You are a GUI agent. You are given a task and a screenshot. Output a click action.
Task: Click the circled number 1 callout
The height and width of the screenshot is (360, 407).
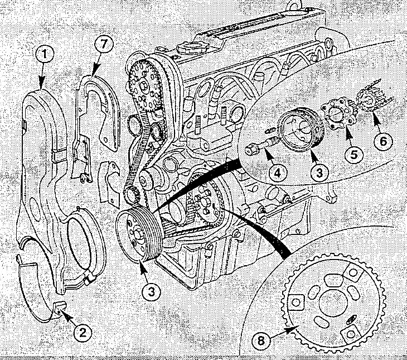coord(45,54)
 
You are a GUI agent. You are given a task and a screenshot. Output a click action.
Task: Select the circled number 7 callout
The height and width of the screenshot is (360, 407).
coord(104,44)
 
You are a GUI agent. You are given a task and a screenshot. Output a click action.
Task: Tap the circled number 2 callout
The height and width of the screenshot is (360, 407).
coord(83,333)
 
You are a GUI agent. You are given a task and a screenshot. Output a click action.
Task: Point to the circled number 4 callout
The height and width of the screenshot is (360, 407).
coord(278,173)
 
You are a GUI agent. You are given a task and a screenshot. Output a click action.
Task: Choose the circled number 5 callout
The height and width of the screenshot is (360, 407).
coord(354,155)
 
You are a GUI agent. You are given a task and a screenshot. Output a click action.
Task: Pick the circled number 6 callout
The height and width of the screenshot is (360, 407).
coord(383,142)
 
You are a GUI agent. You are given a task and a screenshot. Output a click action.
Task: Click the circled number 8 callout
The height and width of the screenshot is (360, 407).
coord(261,340)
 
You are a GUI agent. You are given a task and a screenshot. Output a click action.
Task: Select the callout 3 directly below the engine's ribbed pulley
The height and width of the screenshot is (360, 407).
coord(151,291)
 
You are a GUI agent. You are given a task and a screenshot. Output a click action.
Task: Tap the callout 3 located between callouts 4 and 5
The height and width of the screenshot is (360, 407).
coord(319,172)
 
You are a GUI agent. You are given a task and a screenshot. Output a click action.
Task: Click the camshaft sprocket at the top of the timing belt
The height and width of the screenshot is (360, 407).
coord(143,85)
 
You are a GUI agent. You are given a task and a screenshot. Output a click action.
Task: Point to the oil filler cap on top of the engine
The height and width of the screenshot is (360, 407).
coord(192,47)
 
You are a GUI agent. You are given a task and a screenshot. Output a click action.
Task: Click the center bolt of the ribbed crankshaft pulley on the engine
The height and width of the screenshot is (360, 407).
coord(137,233)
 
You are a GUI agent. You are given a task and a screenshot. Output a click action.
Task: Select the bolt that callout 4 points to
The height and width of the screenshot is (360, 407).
coord(261,146)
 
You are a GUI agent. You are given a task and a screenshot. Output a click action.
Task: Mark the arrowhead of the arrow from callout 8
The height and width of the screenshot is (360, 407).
coord(290,330)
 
